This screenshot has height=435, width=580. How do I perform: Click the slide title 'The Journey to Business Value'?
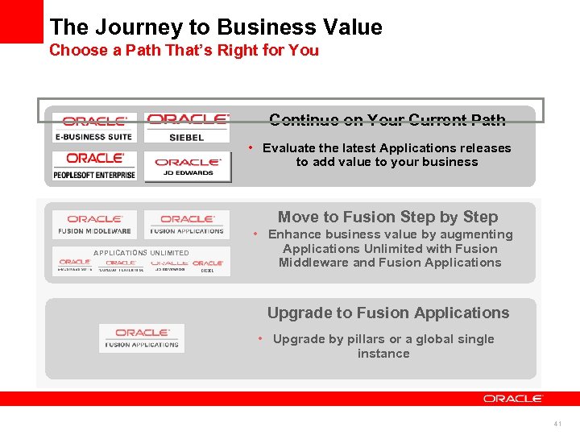pyautogui.click(x=216, y=27)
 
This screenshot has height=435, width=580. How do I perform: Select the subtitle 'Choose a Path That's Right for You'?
pyautogui.click(x=184, y=51)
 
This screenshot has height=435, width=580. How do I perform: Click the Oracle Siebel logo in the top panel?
pyautogui.click(x=187, y=127)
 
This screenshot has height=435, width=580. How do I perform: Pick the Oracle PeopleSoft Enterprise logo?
pyautogui.click(x=94, y=166)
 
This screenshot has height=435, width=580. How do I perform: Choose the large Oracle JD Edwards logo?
pyautogui.click(x=187, y=167)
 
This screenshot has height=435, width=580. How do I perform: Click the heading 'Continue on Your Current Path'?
pyautogui.click(x=387, y=120)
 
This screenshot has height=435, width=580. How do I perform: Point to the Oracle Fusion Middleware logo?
pyautogui.click(x=94, y=224)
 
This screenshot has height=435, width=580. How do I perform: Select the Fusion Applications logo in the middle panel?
pyautogui.click(x=187, y=224)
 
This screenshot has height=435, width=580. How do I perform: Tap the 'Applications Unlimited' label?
pyautogui.click(x=141, y=253)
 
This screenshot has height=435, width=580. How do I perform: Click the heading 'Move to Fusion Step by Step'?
pyautogui.click(x=387, y=217)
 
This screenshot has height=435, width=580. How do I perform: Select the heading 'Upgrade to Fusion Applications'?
pyautogui.click(x=387, y=313)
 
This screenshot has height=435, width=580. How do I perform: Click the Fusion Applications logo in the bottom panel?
pyautogui.click(x=141, y=338)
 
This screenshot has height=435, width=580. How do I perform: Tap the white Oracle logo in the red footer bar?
pyautogui.click(x=513, y=398)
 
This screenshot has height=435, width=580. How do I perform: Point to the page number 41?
pyautogui.click(x=557, y=424)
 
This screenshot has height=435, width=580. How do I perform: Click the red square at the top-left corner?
pyautogui.click(x=21, y=21)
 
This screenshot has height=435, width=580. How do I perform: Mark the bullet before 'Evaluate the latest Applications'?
pyautogui.click(x=251, y=148)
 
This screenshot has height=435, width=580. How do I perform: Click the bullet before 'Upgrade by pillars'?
pyautogui.click(x=261, y=339)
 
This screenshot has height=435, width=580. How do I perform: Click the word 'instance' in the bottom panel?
pyautogui.click(x=383, y=354)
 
